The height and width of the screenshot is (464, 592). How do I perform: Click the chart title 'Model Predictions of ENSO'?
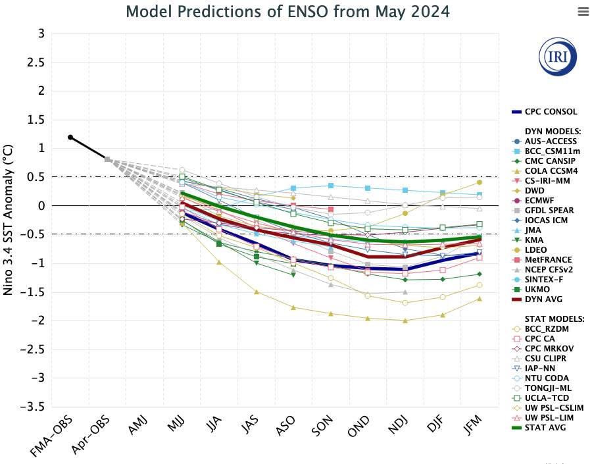(287, 12)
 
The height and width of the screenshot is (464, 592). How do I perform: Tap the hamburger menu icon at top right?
(583, 12)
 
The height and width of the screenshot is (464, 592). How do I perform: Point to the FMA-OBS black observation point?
(70, 137)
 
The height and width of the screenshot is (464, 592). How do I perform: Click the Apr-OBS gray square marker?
(107, 159)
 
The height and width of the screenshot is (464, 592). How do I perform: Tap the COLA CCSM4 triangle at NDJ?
(405, 321)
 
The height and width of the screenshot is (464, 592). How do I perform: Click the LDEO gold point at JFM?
(480, 182)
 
